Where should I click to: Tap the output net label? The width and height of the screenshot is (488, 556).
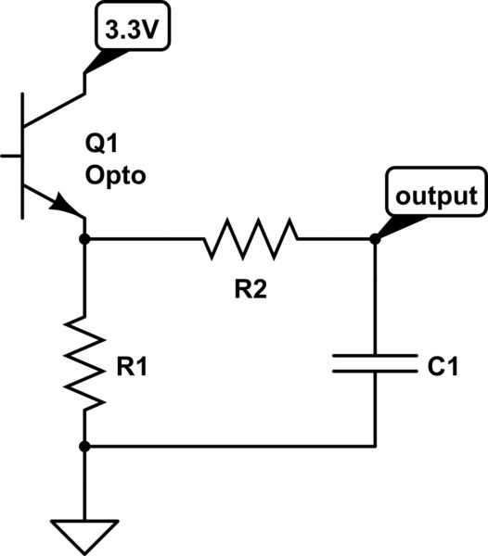(x=436, y=196)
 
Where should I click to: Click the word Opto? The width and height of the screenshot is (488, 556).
(x=116, y=175)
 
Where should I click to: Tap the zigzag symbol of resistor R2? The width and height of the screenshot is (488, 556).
(x=251, y=239)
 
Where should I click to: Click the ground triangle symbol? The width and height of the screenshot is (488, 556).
(x=84, y=535)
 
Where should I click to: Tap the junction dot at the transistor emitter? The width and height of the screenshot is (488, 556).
(x=84, y=239)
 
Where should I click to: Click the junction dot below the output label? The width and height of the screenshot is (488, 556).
(x=375, y=239)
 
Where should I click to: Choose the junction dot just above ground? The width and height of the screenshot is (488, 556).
(x=84, y=447)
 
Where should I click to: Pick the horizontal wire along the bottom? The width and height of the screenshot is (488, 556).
(x=232, y=447)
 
